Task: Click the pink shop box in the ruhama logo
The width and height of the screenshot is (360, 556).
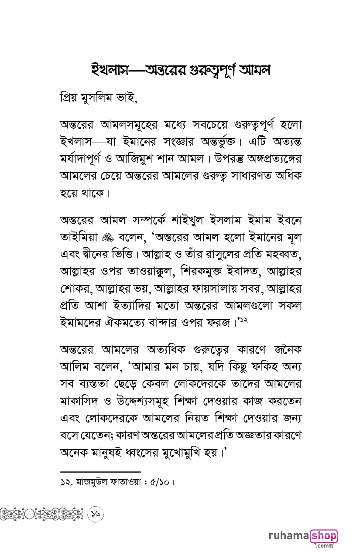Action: (324, 536)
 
